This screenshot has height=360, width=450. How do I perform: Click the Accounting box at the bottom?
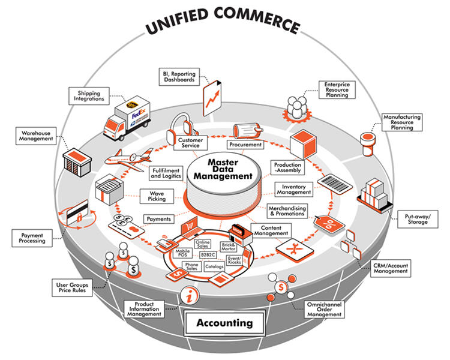point(224,323)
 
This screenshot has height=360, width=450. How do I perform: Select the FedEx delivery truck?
point(127,119)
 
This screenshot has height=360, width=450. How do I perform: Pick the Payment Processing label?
point(32,237)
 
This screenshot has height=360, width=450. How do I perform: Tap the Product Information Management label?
point(144,309)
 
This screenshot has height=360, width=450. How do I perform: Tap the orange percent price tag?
point(329,224)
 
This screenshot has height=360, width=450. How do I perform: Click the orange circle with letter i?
point(189,296)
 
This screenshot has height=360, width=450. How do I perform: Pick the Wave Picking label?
point(157,196)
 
